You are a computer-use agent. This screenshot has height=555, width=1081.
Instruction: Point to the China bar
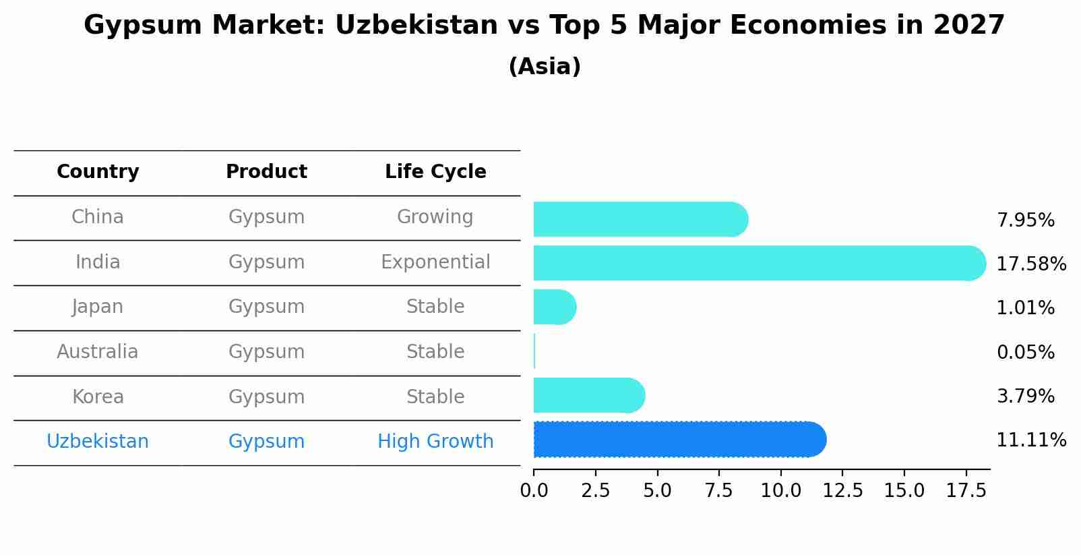click(640, 219)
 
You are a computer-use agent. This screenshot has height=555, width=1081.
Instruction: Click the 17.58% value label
click(1030, 264)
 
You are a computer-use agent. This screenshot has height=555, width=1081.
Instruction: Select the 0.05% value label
click(1025, 352)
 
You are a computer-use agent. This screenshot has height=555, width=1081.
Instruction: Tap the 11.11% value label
click(1030, 440)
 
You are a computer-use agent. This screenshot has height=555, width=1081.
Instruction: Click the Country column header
click(98, 172)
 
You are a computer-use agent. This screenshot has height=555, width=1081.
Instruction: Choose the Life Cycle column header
click(435, 172)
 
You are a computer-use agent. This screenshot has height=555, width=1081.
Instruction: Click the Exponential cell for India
click(435, 262)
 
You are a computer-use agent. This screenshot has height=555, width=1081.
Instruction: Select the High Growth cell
click(435, 442)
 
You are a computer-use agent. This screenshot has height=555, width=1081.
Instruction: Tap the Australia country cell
click(98, 352)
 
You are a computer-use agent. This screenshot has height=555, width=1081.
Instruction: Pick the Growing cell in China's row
click(435, 217)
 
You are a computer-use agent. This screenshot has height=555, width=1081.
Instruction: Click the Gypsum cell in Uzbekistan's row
click(266, 442)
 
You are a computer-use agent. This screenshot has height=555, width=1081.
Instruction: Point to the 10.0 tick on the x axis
click(780, 491)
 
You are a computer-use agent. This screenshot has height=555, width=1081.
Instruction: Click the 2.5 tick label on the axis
click(595, 491)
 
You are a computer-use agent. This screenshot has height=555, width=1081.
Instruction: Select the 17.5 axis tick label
click(966, 491)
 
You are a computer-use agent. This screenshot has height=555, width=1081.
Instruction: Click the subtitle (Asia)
click(545, 67)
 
